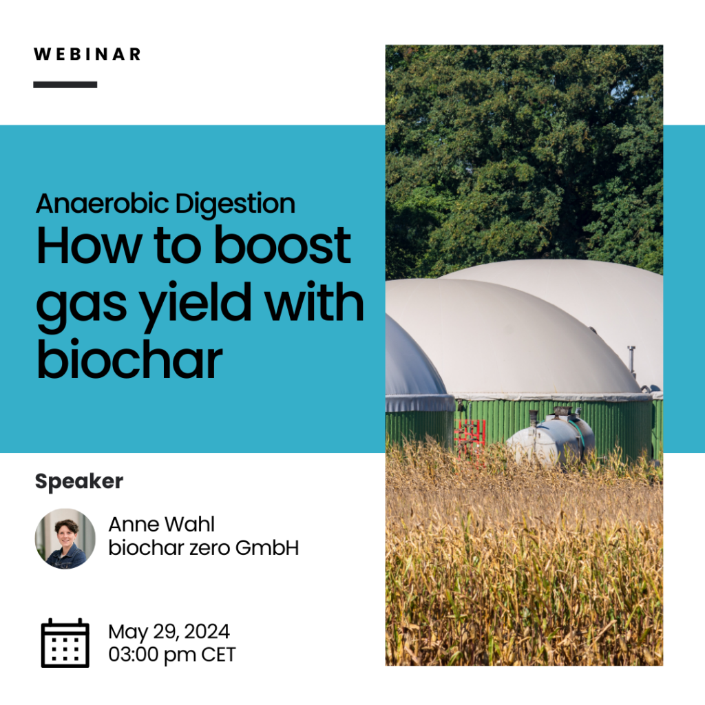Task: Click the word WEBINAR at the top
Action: click(x=87, y=54)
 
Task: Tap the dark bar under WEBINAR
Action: click(x=65, y=85)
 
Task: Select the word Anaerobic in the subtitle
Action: click(x=103, y=203)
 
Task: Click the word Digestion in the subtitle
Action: click(x=235, y=204)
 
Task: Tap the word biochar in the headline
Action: click(x=129, y=359)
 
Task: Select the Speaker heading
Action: click(x=79, y=482)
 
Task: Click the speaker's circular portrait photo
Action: click(x=65, y=538)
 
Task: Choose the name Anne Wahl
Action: click(x=162, y=524)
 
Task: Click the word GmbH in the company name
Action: click(x=267, y=548)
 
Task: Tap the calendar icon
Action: click(x=65, y=643)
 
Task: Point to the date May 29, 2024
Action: click(x=169, y=632)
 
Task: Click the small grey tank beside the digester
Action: click(x=551, y=439)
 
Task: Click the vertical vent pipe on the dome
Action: click(x=632, y=359)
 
